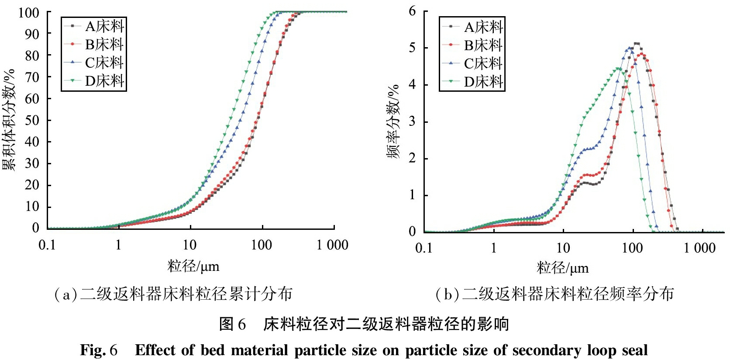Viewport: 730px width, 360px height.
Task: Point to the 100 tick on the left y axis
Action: pos(29,13)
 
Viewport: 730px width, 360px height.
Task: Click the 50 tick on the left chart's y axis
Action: pos(32,120)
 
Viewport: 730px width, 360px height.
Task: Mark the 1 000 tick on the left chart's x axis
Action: pos(332,245)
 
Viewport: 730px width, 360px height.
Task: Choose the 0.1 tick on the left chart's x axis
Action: pos(47,245)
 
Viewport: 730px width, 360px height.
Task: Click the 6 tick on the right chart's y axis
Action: pos(412,11)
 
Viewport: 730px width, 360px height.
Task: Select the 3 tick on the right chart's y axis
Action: pos(412,121)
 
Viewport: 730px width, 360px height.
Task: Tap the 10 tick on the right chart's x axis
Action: pos(563,248)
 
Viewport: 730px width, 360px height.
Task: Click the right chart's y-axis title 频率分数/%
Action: pos(393,121)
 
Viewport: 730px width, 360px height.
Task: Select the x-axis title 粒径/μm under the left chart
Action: pos(193,266)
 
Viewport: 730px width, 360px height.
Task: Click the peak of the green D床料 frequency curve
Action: pos(618,69)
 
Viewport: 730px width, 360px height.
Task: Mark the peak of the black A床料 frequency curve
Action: pos(637,43)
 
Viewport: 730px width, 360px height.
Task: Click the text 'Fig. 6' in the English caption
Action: pos(99,350)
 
